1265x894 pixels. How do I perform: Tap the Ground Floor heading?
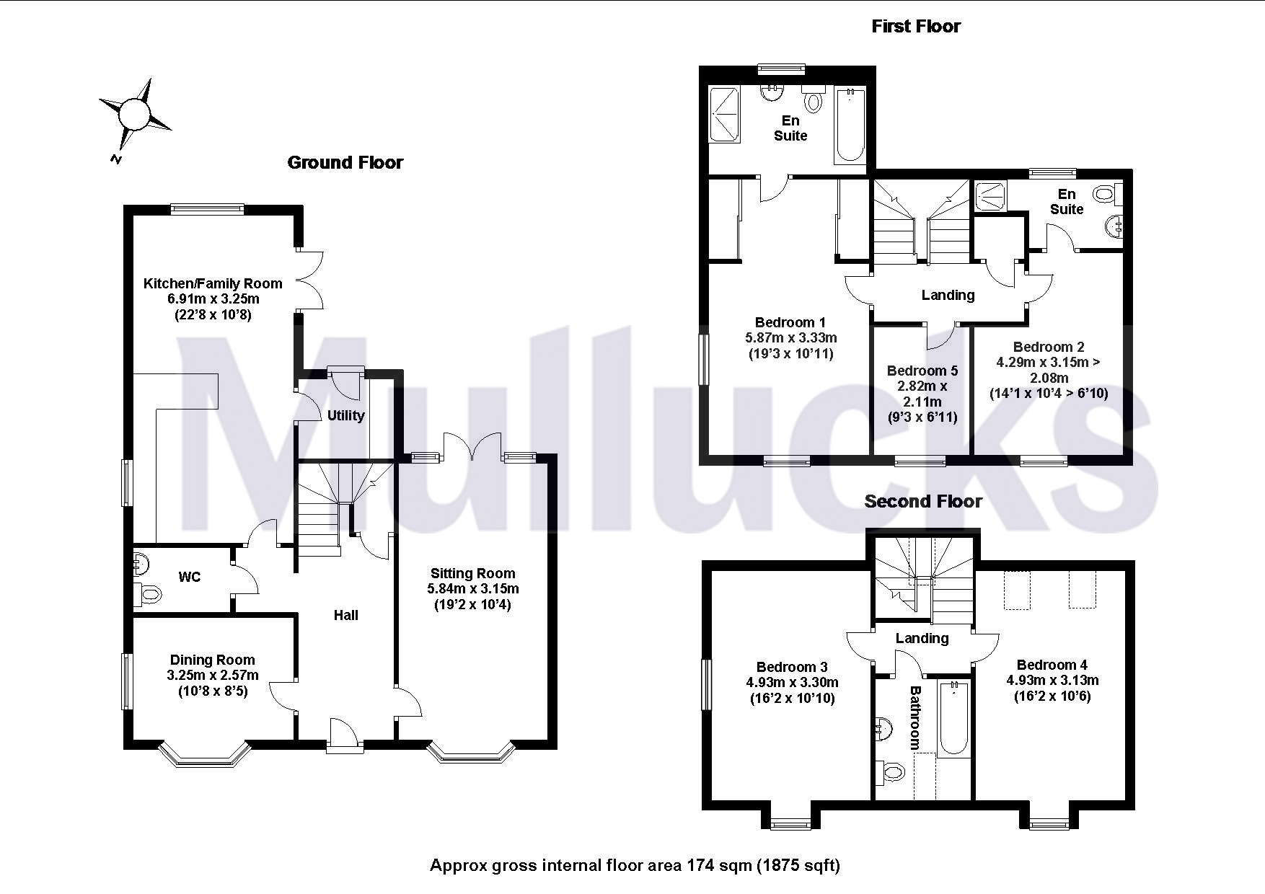(345, 162)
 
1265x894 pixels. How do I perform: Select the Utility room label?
(345, 415)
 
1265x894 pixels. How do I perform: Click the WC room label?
(190, 577)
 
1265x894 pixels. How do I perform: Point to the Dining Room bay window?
(205, 753)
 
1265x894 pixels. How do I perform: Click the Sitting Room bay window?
(472, 753)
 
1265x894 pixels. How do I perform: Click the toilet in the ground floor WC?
(147, 596)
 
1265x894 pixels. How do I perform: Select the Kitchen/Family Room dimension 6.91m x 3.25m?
(213, 298)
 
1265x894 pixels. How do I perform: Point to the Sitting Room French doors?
(472, 447)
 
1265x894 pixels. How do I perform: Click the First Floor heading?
(916, 27)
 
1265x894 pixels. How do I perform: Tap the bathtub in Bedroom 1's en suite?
(849, 124)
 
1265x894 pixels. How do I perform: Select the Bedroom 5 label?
(922, 371)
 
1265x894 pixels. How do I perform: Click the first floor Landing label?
(948, 295)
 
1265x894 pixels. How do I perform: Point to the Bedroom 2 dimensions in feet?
(1049, 394)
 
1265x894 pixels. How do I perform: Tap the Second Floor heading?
(923, 501)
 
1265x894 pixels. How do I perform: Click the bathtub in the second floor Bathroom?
(954, 717)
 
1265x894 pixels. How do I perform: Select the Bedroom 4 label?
(1052, 665)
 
